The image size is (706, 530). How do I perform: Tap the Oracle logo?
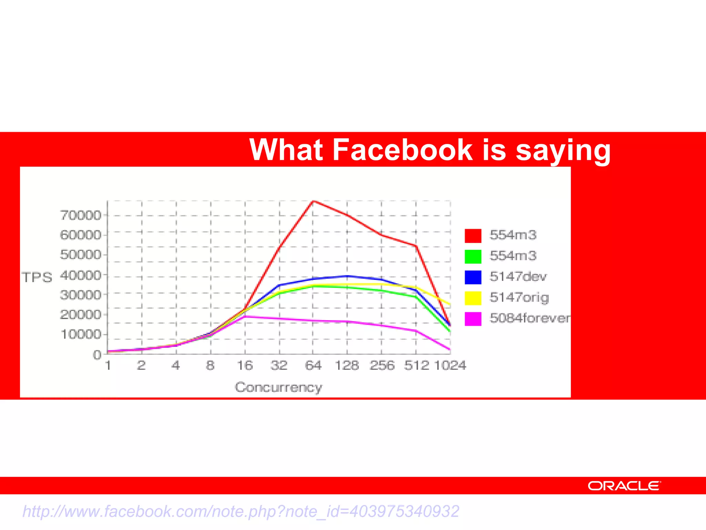coord(624,486)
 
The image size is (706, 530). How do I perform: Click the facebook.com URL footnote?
coord(241,511)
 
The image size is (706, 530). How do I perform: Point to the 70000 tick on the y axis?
coord(81,215)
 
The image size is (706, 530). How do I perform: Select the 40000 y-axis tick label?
coord(81,275)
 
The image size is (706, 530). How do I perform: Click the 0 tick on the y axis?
coord(97,354)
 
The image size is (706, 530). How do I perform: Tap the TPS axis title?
coord(37,277)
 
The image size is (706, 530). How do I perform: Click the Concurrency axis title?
coord(279,387)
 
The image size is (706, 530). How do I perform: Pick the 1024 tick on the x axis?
coord(450,365)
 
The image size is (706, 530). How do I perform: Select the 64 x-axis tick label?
coord(313,365)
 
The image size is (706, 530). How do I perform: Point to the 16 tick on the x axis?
coord(245,365)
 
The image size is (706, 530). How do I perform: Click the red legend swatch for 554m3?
coord(473,236)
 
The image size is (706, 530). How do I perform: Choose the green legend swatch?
coord(473,256)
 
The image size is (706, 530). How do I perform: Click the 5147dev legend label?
coord(518,276)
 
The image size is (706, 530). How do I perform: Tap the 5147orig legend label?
coord(519,297)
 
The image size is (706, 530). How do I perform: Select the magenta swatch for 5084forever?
coord(473,319)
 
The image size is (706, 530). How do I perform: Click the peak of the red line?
coord(313,201)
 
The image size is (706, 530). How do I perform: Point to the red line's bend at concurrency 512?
coord(416,246)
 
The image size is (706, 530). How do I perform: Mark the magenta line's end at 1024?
coord(450,350)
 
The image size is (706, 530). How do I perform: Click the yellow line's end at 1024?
coord(450,304)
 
